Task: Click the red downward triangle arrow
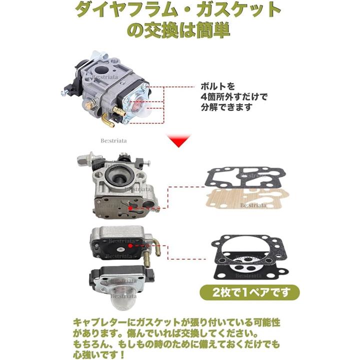coord(179,140)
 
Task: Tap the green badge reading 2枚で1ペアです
coord(249,292)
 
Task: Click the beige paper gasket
coord(248,199)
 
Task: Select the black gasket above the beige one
coord(245,177)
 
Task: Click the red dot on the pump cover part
coord(130,246)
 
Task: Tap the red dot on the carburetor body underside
coord(130,208)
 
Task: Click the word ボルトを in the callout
coord(217,87)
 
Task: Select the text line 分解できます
coord(226,107)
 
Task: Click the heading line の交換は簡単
coord(178,30)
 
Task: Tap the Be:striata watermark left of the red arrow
coord(113,140)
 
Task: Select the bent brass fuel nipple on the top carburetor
coord(108,120)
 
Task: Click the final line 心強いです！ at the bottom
coord(99,354)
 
